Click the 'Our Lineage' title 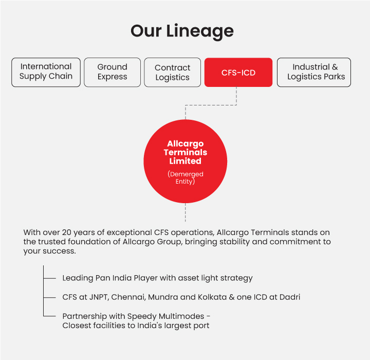click(182, 31)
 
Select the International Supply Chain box click(46, 73)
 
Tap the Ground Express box click(113, 73)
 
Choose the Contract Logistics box click(173, 73)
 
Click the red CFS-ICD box click(238, 73)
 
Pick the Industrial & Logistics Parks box click(314, 73)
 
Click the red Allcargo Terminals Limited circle click(185, 161)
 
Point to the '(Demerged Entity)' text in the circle click(185, 177)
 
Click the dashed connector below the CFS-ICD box click(211, 105)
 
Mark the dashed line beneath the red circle click(185, 212)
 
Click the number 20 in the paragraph click(66, 232)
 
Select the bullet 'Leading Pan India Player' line click(157, 278)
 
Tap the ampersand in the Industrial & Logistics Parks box click(335, 67)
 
